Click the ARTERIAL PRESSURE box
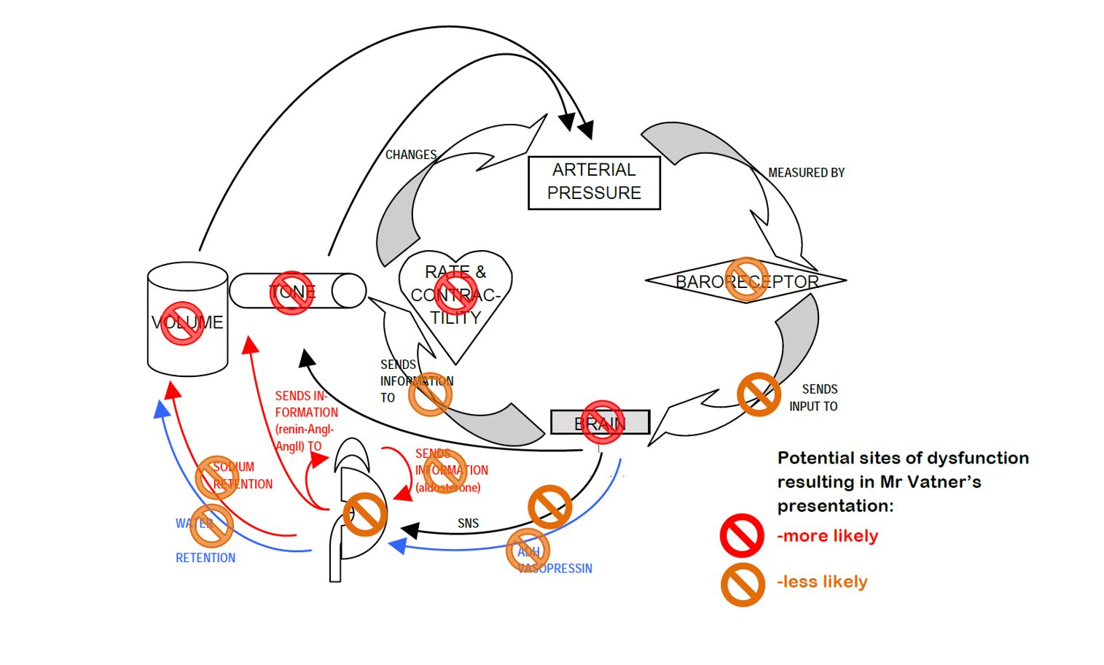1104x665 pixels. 594,182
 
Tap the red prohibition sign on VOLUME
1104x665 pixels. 182,323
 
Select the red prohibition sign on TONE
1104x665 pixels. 291,292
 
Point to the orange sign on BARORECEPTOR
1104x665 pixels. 746,279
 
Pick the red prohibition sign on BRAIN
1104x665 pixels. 603,421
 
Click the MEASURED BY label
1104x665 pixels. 806,173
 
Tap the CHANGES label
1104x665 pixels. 411,155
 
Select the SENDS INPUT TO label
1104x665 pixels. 814,397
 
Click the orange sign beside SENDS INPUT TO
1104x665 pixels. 759,394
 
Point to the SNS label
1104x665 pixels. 469,524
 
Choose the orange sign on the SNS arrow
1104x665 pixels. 549,506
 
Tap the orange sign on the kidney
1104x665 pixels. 364,513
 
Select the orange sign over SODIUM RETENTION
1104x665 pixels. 217,478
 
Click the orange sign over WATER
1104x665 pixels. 211,525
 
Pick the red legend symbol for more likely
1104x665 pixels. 742,536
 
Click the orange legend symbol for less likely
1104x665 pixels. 743,584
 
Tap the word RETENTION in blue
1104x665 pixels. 205,558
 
